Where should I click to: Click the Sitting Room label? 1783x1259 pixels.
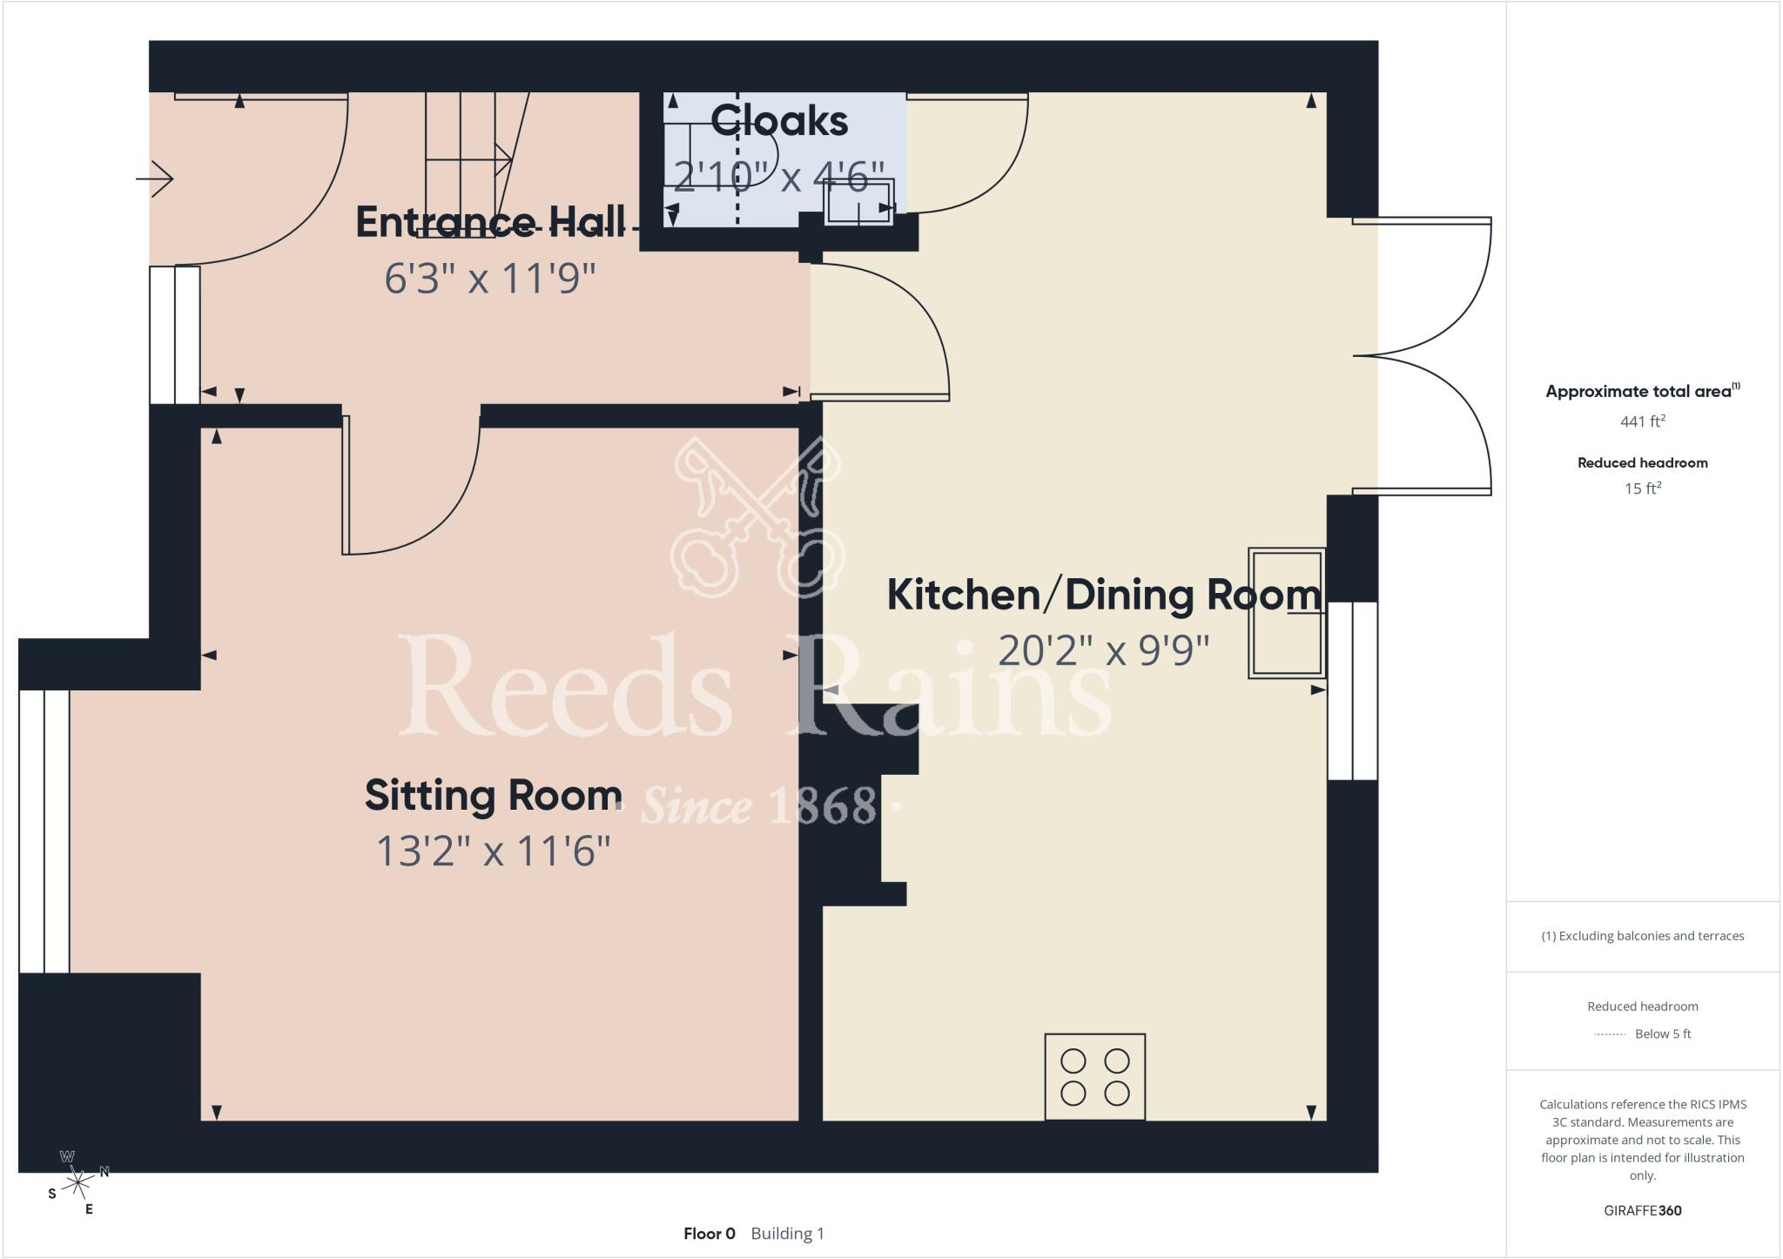point(494,796)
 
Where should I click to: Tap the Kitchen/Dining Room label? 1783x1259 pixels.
point(1104,596)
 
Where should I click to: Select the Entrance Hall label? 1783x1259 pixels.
point(490,222)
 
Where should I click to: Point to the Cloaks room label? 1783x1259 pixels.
point(779,121)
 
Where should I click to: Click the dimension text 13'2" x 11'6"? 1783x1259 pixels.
point(494,851)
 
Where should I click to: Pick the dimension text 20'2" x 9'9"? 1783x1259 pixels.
point(1104,650)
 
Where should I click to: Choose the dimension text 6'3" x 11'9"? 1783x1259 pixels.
point(490,279)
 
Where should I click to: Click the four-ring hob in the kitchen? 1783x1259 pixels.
point(1095,1077)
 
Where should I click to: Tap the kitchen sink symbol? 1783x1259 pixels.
point(1287,613)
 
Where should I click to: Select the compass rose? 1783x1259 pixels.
point(78,1182)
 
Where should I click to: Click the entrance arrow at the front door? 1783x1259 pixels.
point(155,179)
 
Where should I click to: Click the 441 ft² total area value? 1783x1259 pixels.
point(1643,421)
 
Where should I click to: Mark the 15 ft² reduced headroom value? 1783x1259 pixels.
point(1643,488)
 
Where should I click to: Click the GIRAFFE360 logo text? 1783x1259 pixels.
point(1643,1210)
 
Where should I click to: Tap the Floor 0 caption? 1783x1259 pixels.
point(710,1234)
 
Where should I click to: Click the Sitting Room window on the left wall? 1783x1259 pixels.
point(44,831)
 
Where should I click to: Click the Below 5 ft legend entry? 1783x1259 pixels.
point(1643,1034)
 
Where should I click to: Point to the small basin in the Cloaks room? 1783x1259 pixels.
point(859,202)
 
